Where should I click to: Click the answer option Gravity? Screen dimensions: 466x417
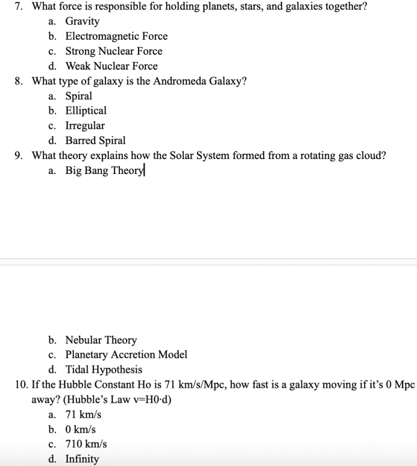click(82, 21)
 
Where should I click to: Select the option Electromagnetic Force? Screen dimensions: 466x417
click(116, 36)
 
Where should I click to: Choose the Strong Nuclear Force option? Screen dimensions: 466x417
click(114, 51)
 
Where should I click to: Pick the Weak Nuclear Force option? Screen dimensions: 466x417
click(111, 66)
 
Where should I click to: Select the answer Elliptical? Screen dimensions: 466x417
click(86, 111)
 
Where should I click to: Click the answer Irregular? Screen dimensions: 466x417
click(85, 126)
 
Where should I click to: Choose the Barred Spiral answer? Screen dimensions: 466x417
click(95, 140)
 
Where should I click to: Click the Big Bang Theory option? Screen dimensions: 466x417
click(104, 171)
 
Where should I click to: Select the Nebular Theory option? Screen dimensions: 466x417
click(101, 340)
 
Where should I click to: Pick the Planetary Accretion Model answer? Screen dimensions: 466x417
click(126, 355)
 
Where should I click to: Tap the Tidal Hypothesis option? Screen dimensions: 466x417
click(104, 370)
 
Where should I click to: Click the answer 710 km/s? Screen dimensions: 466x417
click(86, 444)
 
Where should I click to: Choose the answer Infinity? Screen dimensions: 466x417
click(82, 459)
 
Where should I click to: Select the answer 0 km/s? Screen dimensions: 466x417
click(81, 429)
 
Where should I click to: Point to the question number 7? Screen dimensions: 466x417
click(18, 6)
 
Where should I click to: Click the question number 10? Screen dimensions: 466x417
click(19, 385)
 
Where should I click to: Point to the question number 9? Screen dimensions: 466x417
click(18, 155)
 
